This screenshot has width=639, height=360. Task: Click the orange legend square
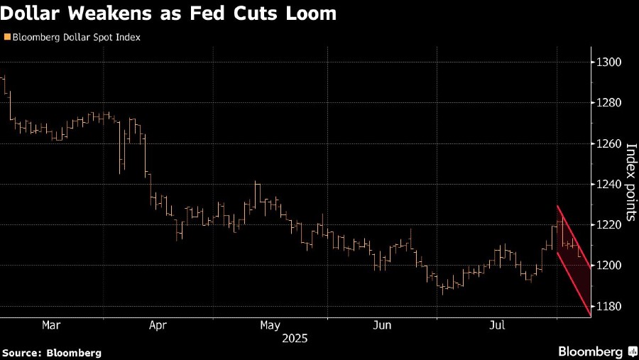[x=7, y=37]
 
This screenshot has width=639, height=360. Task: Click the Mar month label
[x=51, y=325]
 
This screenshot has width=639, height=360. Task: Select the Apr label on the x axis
[x=158, y=325]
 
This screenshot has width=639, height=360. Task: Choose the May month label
[x=270, y=325]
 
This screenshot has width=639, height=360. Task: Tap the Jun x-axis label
[x=382, y=325]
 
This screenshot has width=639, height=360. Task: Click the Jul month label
[x=498, y=325]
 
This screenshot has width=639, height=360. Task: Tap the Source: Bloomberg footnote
[x=52, y=352]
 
